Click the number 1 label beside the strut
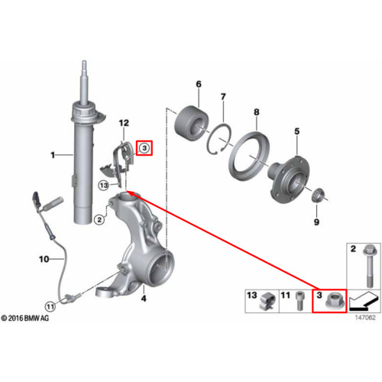53,155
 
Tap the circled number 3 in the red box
144,148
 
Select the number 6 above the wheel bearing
199,84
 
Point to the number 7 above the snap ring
223,97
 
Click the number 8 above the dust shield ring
257,112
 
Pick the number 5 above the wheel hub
297,131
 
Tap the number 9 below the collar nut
316,222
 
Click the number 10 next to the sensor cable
44,259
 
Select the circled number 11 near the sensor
50,306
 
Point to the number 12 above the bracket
124,123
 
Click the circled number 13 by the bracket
104,186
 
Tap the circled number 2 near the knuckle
99,219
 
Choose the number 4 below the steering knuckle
144,299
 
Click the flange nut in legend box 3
332,302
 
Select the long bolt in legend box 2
369,266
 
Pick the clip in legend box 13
267,303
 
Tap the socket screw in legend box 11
299,301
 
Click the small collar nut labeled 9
317,196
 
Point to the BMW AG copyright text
24,319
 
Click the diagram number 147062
365,318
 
